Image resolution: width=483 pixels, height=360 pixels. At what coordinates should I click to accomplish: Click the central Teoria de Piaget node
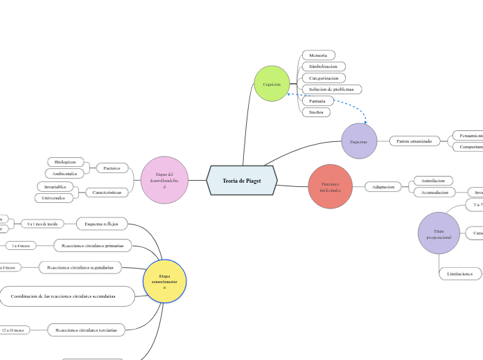pyautogui.click(x=242, y=181)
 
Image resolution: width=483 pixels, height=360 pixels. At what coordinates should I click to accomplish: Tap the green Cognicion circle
pyautogui.click(x=272, y=84)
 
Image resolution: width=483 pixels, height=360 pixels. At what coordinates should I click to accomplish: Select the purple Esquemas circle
pyautogui.click(x=359, y=141)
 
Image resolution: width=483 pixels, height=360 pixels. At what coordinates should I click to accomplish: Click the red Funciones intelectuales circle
pyautogui.click(x=331, y=186)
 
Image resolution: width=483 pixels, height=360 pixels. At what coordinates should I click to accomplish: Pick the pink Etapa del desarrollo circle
pyautogui.click(x=164, y=180)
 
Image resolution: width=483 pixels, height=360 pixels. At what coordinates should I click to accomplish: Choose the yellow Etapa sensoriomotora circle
pyautogui.click(x=164, y=281)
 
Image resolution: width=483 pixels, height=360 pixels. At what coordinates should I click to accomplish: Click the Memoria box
pyautogui.click(x=318, y=55)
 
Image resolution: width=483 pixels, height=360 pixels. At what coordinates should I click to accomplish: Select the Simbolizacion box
pyautogui.click(x=323, y=66)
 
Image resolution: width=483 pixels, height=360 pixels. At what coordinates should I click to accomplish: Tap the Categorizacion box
pyautogui.click(x=323, y=78)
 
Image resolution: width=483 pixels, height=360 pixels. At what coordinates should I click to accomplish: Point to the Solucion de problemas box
pyautogui.click(x=331, y=89)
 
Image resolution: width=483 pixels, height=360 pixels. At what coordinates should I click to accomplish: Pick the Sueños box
pyautogui.click(x=316, y=112)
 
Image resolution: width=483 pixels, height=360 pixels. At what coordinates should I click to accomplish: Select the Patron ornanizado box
pyautogui.click(x=414, y=141)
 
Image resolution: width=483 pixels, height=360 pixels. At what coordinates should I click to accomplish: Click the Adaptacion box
pyautogui.click(x=383, y=187)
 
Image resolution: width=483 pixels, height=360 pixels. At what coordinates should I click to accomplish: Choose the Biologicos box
pyautogui.click(x=66, y=162)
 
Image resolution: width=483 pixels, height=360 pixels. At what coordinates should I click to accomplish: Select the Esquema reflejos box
pyautogui.click(x=101, y=224)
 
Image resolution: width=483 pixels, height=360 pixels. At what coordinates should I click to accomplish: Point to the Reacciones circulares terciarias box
pyautogui.click(x=87, y=330)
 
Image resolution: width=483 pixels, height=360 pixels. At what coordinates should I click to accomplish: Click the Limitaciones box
pyautogui.click(x=459, y=274)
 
